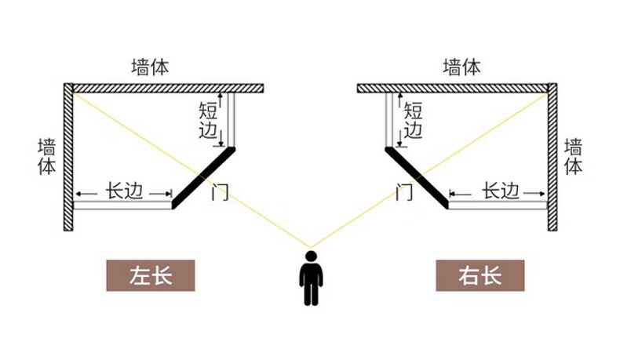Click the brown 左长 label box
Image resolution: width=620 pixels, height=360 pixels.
point(151,275)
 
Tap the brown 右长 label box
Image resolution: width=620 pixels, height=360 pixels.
point(480,275)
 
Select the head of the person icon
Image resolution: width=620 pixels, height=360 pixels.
point(312,256)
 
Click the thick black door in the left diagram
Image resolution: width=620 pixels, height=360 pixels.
point(203,178)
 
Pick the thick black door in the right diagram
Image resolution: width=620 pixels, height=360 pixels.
point(417,178)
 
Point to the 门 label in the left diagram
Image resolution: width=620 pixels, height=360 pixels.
point(220,191)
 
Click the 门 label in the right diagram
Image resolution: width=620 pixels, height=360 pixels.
point(404,191)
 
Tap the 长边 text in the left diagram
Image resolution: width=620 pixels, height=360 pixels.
point(124,191)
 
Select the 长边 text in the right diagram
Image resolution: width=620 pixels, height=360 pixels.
point(500,191)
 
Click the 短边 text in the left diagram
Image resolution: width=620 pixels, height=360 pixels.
point(209,120)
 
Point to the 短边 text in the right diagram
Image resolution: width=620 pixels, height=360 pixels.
point(413,120)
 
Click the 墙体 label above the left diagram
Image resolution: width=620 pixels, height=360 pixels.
point(150,67)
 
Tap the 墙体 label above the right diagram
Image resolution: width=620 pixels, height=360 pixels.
point(461,67)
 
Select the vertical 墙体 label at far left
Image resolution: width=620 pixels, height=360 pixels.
point(47,157)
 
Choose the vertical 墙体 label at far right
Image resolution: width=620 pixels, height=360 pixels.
point(574,157)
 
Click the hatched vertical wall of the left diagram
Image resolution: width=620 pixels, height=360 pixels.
point(68,157)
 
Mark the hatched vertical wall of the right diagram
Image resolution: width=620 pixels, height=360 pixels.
point(553,157)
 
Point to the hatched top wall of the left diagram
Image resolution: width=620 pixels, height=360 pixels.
point(168,88)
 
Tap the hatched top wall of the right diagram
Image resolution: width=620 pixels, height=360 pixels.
point(453,88)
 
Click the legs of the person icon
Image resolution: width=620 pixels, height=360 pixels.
point(312,293)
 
